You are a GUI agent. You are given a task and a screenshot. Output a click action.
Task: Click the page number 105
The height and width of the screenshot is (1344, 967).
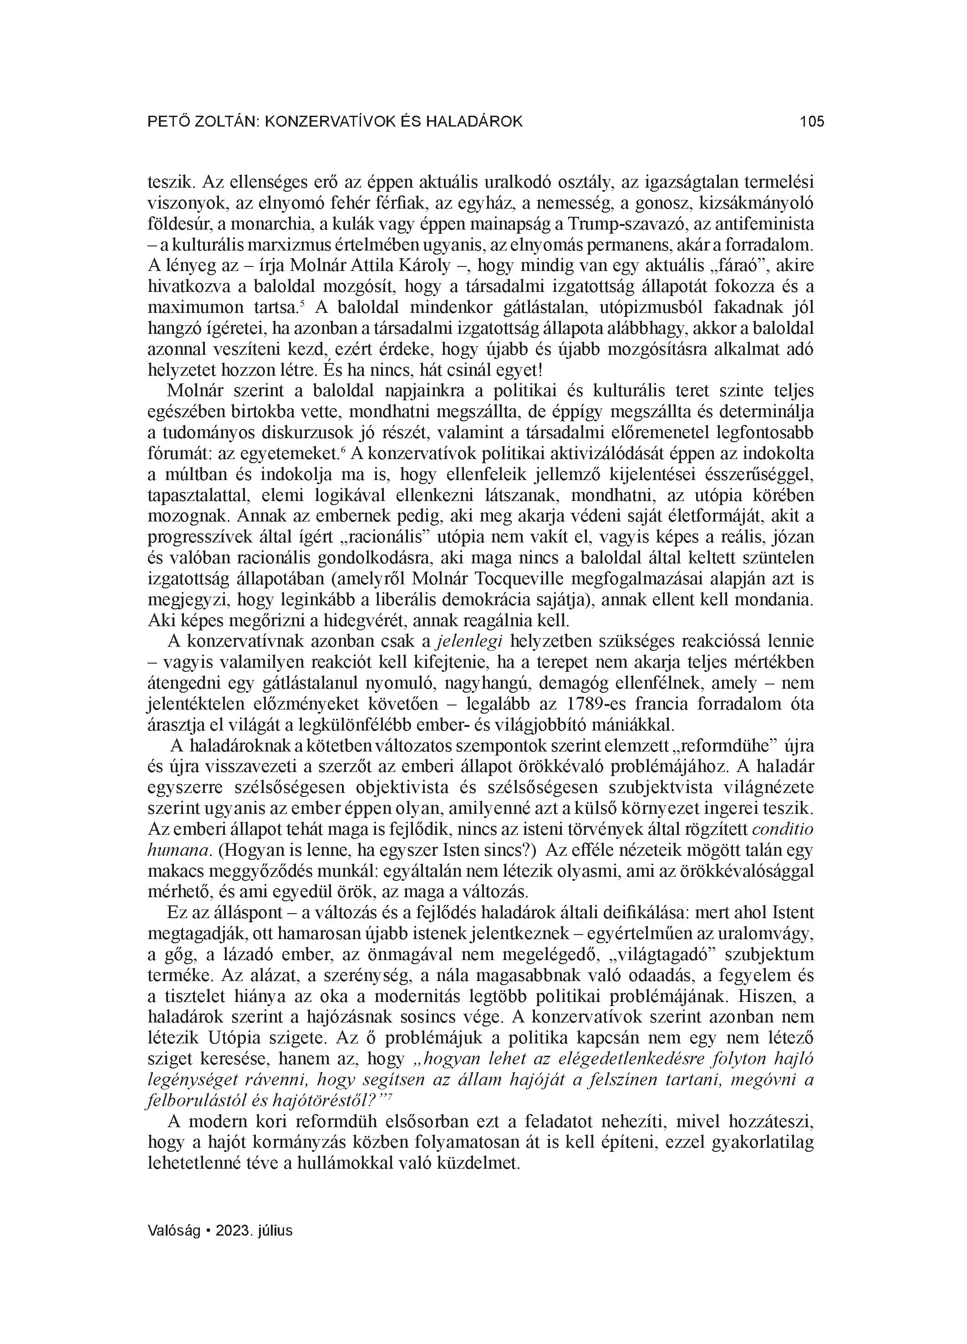pyautogui.click(x=811, y=122)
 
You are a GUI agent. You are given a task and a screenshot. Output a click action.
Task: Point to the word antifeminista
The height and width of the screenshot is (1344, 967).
pyautogui.click(x=764, y=224)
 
